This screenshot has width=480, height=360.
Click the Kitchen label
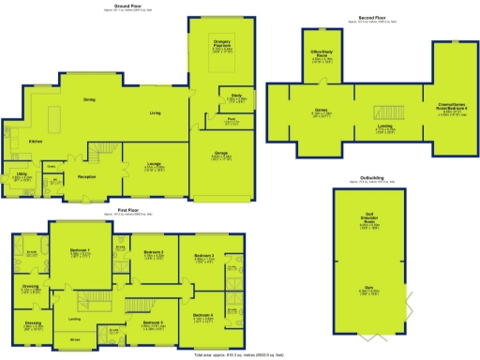click(36, 141)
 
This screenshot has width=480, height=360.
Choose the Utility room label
click(21, 173)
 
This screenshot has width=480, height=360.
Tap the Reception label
click(87, 175)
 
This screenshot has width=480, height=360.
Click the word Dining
click(90, 99)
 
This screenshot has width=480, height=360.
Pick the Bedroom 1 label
click(81, 250)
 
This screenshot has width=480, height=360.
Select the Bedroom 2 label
click(154, 253)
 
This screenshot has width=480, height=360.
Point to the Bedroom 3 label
click(204, 256)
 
